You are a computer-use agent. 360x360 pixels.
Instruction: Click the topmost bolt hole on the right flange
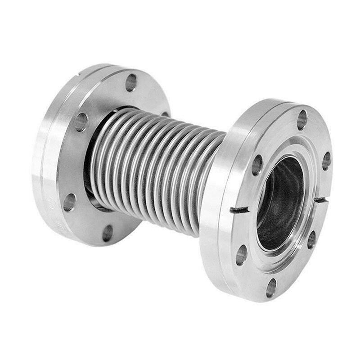[302, 120]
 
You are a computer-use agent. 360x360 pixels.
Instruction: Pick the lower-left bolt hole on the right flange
[241, 255]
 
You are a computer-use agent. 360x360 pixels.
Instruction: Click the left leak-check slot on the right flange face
[239, 210]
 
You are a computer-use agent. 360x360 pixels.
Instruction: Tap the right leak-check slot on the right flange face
[320, 199]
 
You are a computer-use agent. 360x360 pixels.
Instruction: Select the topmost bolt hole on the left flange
[131, 82]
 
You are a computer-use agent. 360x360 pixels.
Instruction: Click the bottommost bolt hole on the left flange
[108, 233]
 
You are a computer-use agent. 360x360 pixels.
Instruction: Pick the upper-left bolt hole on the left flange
[81, 122]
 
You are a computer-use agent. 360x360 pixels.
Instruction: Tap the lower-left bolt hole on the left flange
[69, 202]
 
